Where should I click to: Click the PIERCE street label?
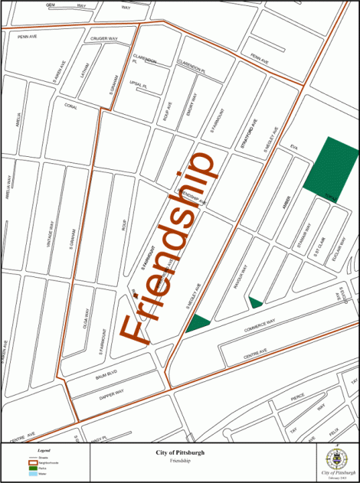point(297,395)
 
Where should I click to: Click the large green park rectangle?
point(332,164)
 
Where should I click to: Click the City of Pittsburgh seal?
point(336,459)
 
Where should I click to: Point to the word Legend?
point(44,452)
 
